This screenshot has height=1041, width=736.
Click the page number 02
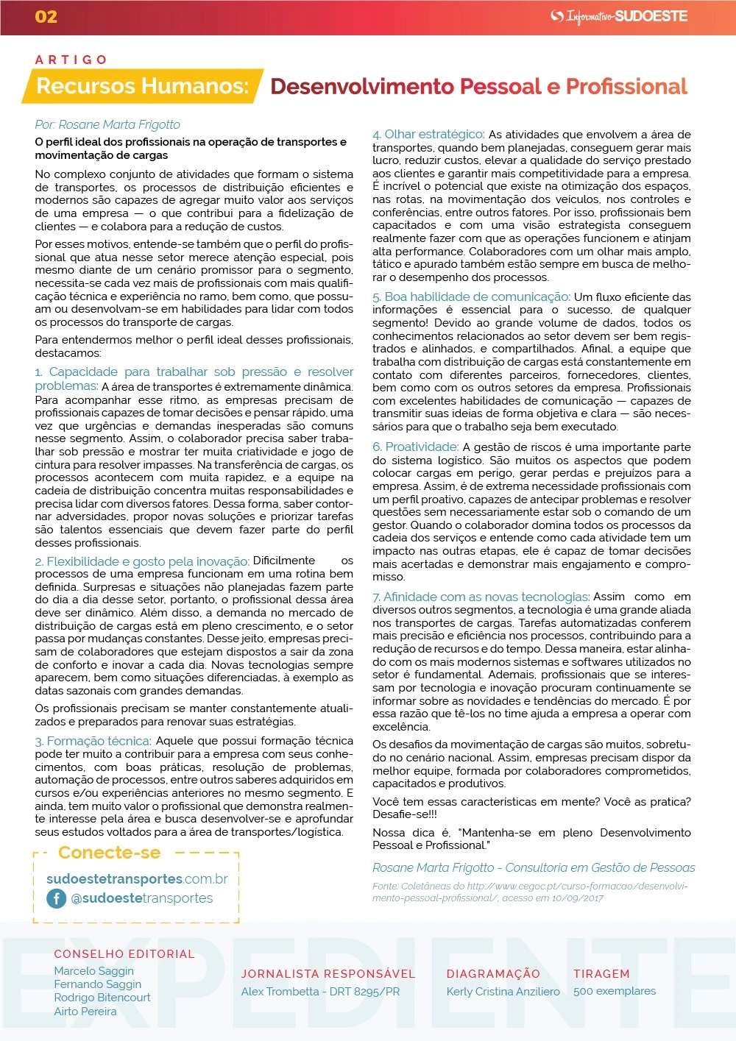click(x=46, y=17)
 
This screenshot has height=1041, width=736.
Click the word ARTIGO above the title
click(x=71, y=60)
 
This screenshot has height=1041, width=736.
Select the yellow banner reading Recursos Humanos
click(x=142, y=86)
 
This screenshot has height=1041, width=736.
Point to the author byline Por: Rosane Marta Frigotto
click(x=107, y=124)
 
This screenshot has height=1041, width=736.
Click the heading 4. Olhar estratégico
click(x=428, y=134)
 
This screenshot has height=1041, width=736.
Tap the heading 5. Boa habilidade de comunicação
click(x=471, y=296)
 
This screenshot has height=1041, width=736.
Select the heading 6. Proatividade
click(x=415, y=447)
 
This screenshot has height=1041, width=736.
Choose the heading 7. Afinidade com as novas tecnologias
click(x=481, y=597)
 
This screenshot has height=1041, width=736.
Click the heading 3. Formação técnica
click(x=93, y=741)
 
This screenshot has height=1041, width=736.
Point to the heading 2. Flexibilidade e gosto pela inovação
click(x=142, y=561)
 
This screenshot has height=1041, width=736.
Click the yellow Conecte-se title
click(x=109, y=853)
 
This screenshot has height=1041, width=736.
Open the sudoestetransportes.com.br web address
click(x=137, y=879)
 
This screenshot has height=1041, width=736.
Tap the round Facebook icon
click(x=57, y=898)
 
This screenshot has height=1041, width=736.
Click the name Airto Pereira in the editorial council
click(x=85, y=1011)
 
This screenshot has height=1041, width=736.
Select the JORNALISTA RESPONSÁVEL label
click(x=328, y=974)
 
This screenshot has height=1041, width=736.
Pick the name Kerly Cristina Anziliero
click(x=503, y=991)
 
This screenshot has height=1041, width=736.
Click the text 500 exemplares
click(x=615, y=991)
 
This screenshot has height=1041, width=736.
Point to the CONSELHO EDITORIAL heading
click(x=124, y=954)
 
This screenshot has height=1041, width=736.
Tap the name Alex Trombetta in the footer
click(x=280, y=991)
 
